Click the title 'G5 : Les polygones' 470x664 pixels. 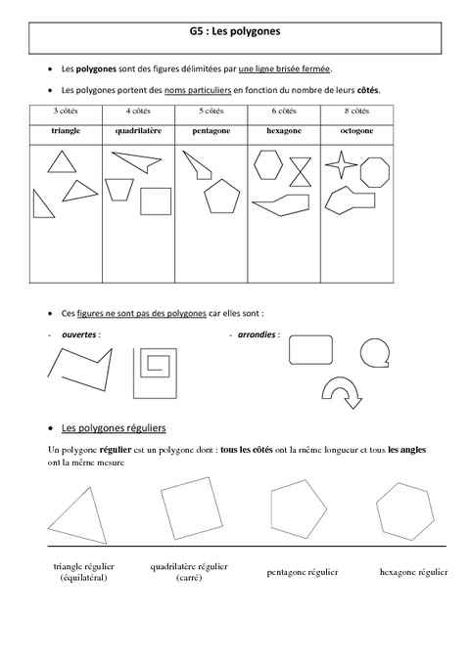(236, 31)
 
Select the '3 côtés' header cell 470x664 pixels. (67, 111)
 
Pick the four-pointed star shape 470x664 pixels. (340, 164)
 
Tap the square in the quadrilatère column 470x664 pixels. (155, 200)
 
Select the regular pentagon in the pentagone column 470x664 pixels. (223, 197)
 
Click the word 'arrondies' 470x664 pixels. (257, 333)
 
